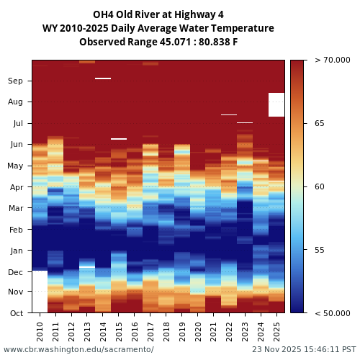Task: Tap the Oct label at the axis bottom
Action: coord(16,313)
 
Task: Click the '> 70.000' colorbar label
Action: coord(332,60)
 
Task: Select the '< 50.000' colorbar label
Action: coord(332,313)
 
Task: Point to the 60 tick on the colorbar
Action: coord(320,186)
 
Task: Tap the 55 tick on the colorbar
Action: coord(320,250)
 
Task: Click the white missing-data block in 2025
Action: coord(276,104)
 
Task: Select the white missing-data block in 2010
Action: coord(40,292)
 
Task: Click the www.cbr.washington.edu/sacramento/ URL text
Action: coord(78,349)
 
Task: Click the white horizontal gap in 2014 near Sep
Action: coord(103,78)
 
